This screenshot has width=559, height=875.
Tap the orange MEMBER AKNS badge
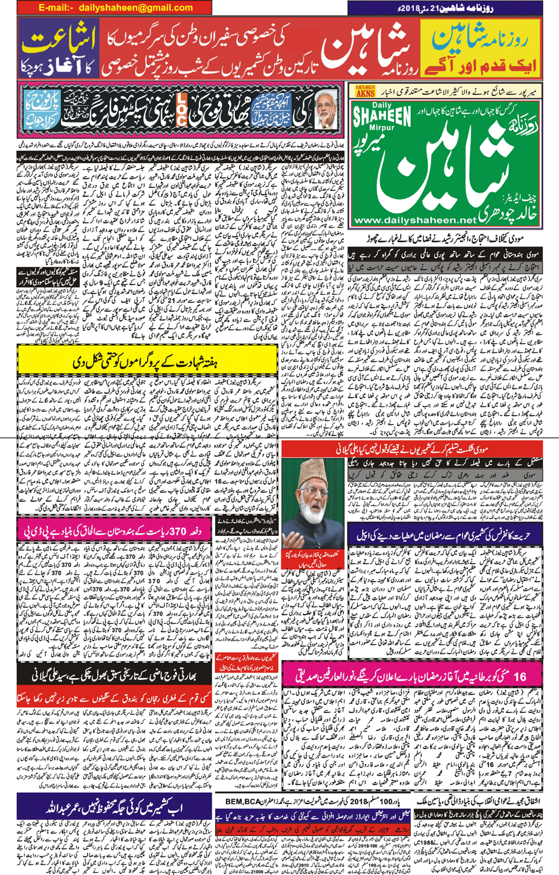pyautogui.click(x=365, y=91)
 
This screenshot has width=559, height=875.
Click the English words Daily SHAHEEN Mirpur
pyautogui.click(x=383, y=119)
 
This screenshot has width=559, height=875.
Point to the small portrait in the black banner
pyautogui.click(x=326, y=109)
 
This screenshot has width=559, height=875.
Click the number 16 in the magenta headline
pyautogui.click(x=519, y=676)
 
